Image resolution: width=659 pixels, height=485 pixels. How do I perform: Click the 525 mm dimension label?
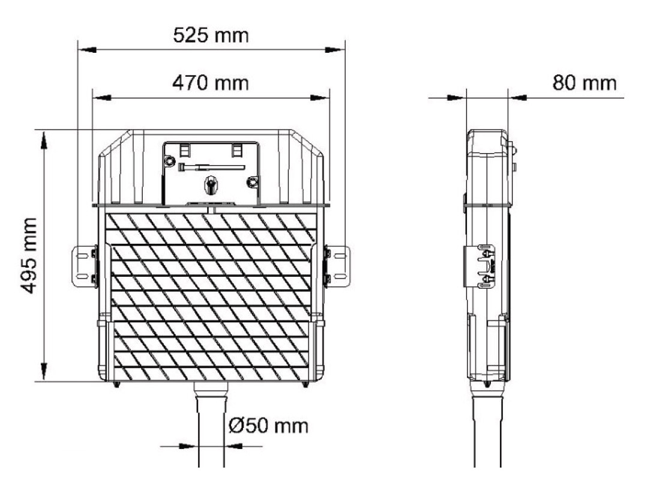tap(211, 35)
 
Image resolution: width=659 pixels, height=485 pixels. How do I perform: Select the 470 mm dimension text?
tap(211, 83)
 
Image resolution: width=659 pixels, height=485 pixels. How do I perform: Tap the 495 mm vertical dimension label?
tap(29, 256)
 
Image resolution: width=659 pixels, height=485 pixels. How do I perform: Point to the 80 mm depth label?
tap(584, 83)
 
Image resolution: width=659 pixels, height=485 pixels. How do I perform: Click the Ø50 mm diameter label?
tap(268, 426)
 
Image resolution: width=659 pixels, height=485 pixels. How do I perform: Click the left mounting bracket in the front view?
tap(85, 267)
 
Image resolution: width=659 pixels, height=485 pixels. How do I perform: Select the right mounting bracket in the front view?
tap(337, 267)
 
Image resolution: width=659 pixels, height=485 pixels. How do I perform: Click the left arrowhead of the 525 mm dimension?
tap(88, 50)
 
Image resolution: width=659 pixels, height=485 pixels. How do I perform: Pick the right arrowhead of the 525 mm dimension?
tap(334, 50)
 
